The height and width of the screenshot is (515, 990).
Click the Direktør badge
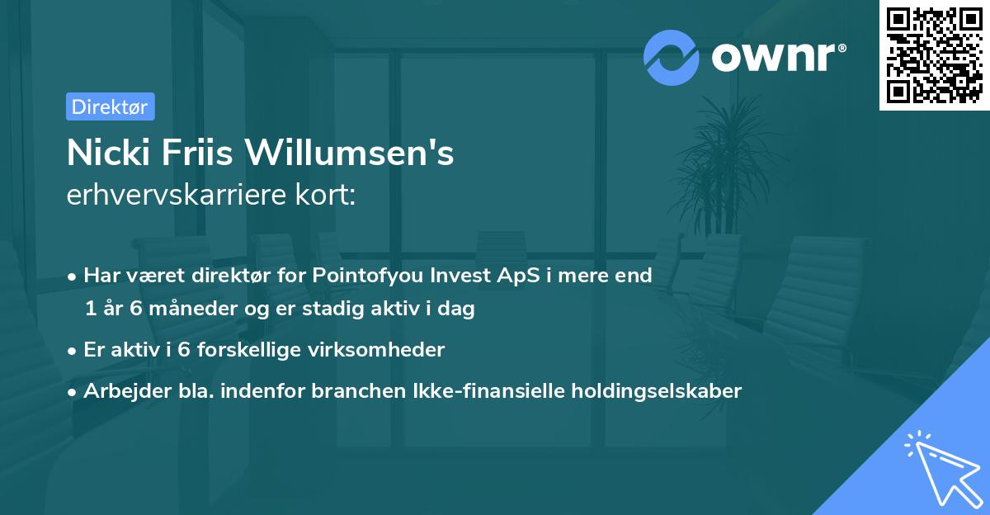[x=110, y=106]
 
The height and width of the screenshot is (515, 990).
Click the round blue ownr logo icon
[x=672, y=58]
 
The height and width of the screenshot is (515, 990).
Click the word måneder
[x=191, y=309]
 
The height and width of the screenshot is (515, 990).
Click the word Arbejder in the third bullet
[x=122, y=390]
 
